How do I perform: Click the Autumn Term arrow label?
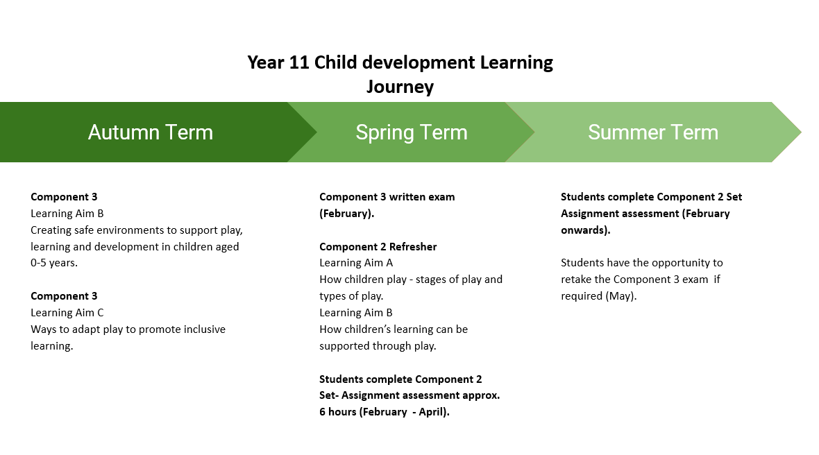(x=150, y=132)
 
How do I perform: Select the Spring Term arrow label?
(x=411, y=132)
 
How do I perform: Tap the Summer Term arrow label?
(x=652, y=132)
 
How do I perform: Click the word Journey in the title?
(x=400, y=87)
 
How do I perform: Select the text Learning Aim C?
(x=67, y=313)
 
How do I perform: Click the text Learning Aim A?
(x=356, y=263)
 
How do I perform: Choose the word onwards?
(x=584, y=230)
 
